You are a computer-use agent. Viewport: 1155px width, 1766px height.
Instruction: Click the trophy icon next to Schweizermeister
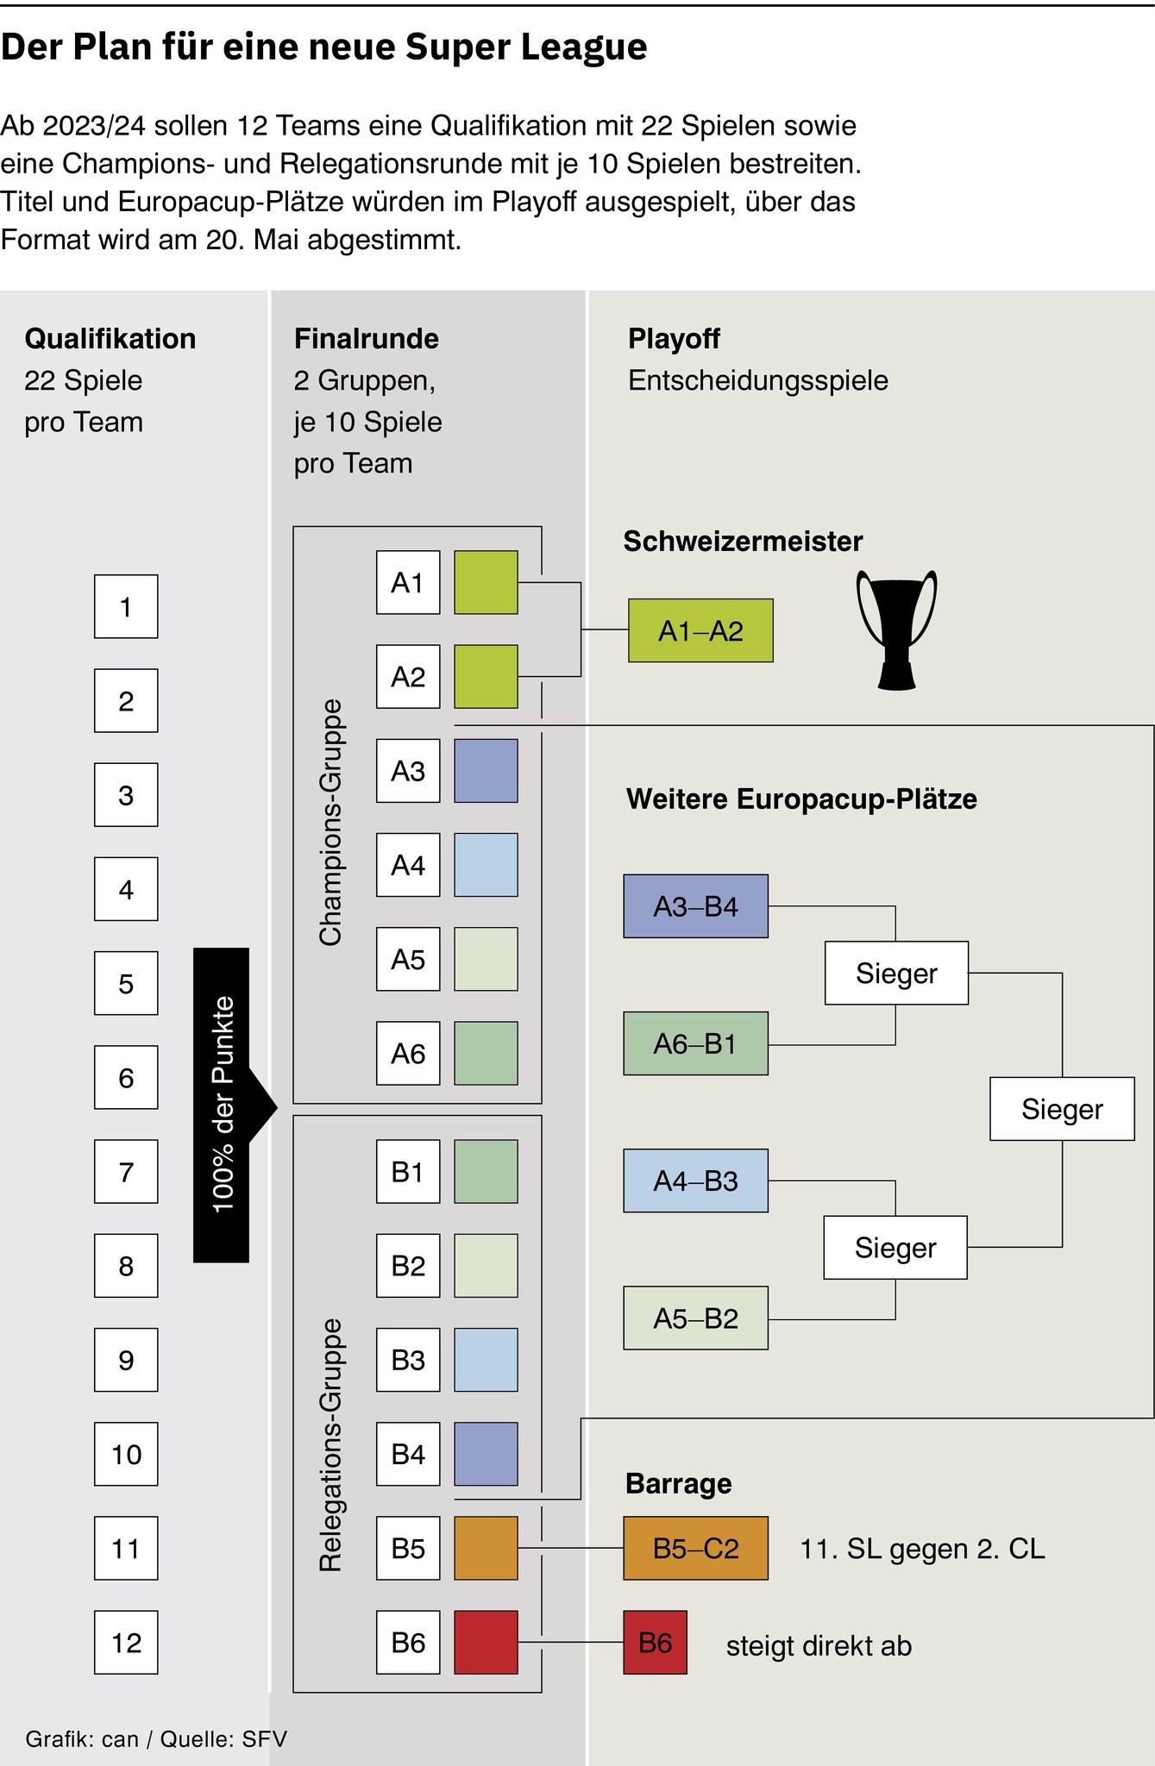(x=896, y=629)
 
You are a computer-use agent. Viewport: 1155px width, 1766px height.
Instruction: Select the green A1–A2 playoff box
(x=700, y=630)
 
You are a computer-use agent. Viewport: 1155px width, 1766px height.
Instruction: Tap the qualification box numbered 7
(x=126, y=1171)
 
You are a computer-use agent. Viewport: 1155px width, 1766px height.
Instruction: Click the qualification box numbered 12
(x=126, y=1642)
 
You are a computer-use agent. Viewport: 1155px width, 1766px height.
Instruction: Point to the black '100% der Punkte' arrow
(x=223, y=1105)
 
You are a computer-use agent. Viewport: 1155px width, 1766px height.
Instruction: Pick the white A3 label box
(x=408, y=770)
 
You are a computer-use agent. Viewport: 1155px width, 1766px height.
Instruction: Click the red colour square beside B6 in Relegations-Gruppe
(x=486, y=1642)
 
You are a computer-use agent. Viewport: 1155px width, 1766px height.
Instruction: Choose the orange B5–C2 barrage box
(x=695, y=1548)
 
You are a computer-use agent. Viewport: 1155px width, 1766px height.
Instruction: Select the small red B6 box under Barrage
(x=655, y=1642)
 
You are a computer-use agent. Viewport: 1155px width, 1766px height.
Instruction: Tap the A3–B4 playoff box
(x=695, y=906)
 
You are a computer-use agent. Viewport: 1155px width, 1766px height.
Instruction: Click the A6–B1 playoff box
(x=695, y=1043)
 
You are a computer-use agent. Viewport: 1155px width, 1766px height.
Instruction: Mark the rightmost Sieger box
(x=1062, y=1109)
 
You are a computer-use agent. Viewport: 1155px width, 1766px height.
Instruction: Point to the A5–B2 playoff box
(x=695, y=1318)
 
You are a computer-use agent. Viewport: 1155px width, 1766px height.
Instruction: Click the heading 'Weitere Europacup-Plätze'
(x=801, y=798)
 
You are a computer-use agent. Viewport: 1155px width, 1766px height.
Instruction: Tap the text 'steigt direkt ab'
(x=819, y=1645)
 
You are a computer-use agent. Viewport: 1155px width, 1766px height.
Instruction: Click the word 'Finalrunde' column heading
(x=367, y=338)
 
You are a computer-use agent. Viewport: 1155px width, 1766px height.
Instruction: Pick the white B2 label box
(x=408, y=1265)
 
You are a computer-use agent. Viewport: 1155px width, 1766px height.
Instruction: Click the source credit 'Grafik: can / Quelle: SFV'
(x=156, y=1738)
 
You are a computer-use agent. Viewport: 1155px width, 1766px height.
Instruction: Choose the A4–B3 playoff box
(x=695, y=1180)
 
